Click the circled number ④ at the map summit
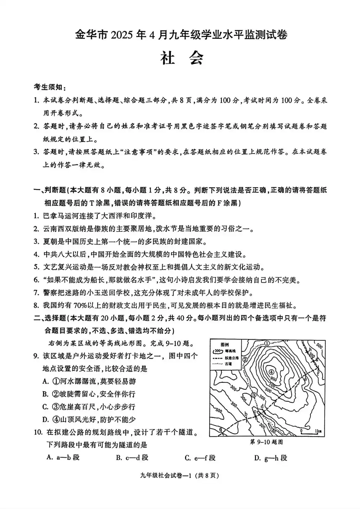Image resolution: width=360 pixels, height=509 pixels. [271, 372]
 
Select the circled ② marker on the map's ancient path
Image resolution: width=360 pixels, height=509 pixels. [245, 359]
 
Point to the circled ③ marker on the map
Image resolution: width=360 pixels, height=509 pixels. [254, 395]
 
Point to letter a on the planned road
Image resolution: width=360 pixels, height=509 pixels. [220, 428]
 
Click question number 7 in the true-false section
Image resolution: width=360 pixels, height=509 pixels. [36, 293]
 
